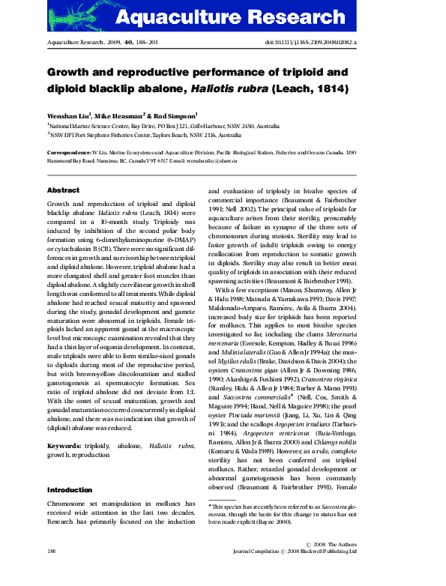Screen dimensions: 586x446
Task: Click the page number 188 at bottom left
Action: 52,572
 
